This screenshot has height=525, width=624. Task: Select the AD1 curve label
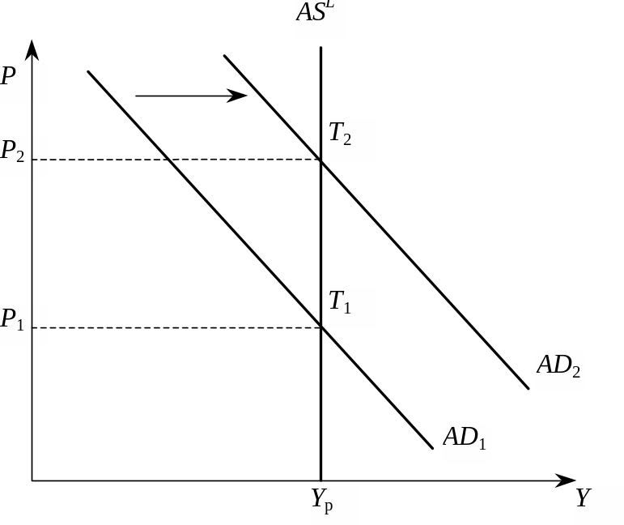point(466,439)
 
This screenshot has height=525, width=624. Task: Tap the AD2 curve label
point(560,366)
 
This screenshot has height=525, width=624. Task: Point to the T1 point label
point(341,303)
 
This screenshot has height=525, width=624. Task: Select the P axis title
point(10,78)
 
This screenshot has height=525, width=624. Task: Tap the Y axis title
point(585,499)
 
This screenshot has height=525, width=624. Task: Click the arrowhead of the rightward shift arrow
point(240,96)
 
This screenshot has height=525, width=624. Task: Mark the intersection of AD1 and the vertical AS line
point(321,327)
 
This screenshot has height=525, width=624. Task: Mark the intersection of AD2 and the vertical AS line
point(321,160)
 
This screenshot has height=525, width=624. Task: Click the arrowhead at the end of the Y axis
point(567,480)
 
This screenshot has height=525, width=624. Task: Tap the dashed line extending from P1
point(178,327)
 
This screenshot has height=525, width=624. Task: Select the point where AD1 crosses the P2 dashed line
point(168,160)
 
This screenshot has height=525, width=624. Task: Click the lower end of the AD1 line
point(433,448)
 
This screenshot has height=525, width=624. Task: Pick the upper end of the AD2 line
point(224,56)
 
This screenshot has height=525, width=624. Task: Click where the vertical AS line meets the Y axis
point(321,480)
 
